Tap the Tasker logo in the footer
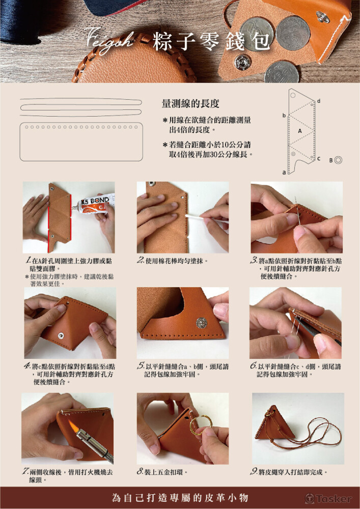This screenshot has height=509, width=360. pos(328,498)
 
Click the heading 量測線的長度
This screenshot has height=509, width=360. pos(190,104)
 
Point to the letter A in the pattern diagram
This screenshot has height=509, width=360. pos(300,131)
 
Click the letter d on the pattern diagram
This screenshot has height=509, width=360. pos(318,101)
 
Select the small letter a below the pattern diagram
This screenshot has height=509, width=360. pos(284,173)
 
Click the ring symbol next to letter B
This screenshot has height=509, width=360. pos(338,160)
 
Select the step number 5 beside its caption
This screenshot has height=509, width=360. pos(140,366)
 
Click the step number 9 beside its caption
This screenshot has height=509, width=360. pos(254,472)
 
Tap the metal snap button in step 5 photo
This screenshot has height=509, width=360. pos(201,322)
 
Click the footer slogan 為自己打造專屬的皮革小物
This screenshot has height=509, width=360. pos(180,498)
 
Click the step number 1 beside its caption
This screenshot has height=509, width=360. pos(29,260)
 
